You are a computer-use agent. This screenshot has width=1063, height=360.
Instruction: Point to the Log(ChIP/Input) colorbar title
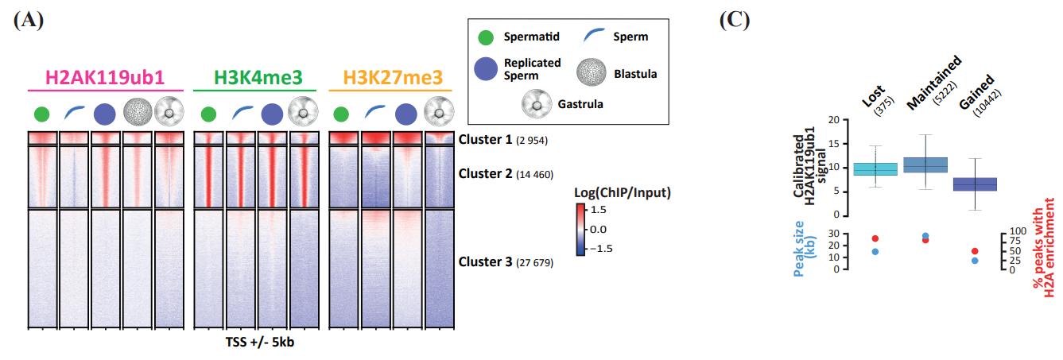[x=622, y=193]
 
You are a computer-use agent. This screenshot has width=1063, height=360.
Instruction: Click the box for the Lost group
[x=875, y=168]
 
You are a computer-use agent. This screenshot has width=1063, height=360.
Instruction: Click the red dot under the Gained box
[x=975, y=251]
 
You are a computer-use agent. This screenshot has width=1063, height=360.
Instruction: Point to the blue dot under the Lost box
[x=875, y=252]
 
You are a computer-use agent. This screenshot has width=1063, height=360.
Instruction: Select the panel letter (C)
[x=735, y=21]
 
